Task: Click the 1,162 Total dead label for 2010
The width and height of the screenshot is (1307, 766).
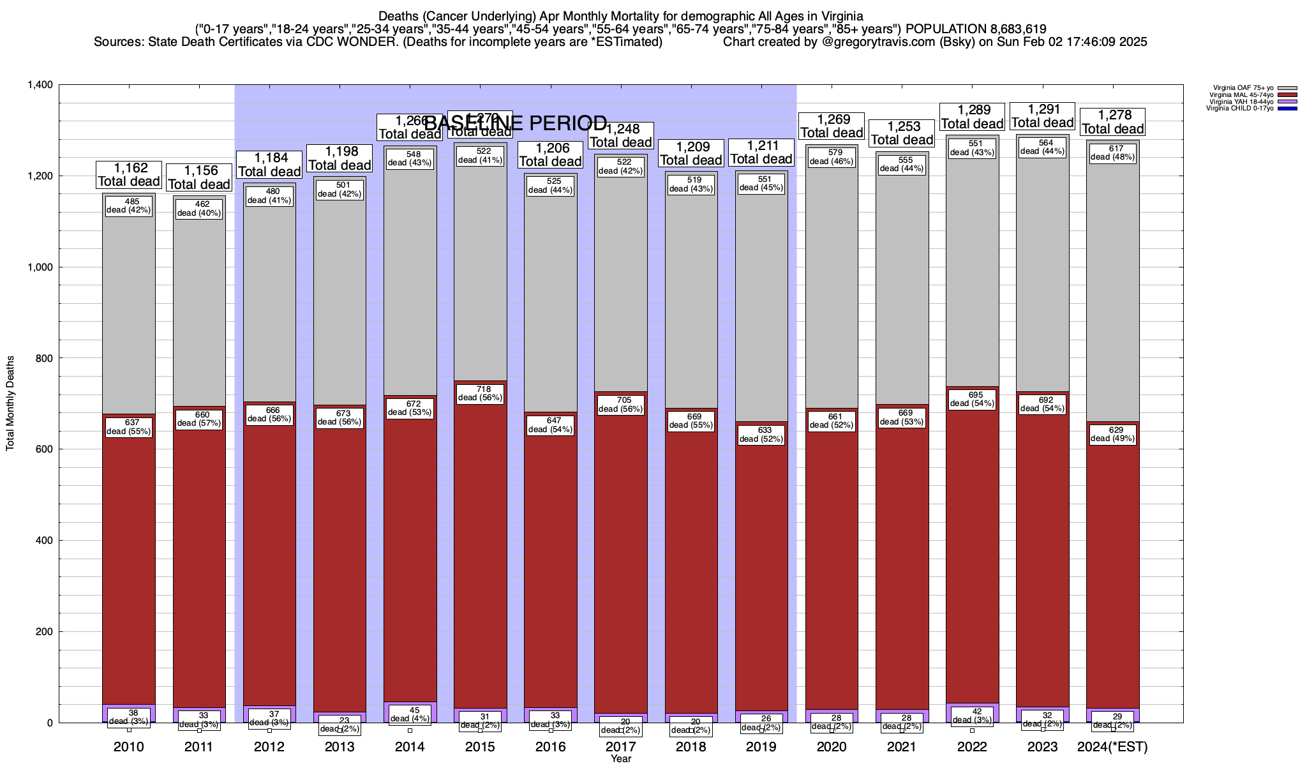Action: coord(129,175)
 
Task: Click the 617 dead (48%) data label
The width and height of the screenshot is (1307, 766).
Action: coord(1112,153)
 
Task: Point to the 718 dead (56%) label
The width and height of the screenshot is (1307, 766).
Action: coord(481,393)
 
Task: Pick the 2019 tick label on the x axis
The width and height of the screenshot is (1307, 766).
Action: coord(761,747)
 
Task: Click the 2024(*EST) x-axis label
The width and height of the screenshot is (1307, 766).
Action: coord(1112,747)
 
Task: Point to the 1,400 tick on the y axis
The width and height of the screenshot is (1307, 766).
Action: coord(40,85)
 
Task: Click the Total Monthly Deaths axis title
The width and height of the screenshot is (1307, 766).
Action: coord(10,403)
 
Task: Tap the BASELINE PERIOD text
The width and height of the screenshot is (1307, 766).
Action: coord(516,123)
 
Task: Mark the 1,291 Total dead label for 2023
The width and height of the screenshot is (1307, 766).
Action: coord(1042,116)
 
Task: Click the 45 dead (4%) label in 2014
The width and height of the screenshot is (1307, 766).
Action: coord(410,714)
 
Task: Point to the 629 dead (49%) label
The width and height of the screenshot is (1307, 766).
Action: coord(1112,434)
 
